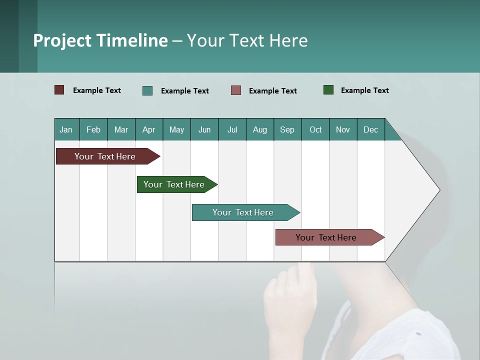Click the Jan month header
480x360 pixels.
(x=66, y=129)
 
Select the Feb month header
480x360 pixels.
(x=93, y=129)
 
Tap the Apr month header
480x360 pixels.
(x=149, y=129)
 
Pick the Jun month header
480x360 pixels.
(x=204, y=129)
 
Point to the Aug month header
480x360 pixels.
(x=260, y=129)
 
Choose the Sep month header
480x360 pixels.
(x=287, y=129)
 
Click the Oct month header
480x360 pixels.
(x=315, y=129)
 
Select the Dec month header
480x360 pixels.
(x=371, y=129)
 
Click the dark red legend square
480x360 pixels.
(x=59, y=90)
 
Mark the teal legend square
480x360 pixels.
(x=147, y=90)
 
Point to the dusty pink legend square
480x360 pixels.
(x=236, y=90)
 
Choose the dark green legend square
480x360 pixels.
(x=328, y=90)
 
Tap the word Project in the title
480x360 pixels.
(x=62, y=40)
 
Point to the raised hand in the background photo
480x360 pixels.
(x=290, y=300)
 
